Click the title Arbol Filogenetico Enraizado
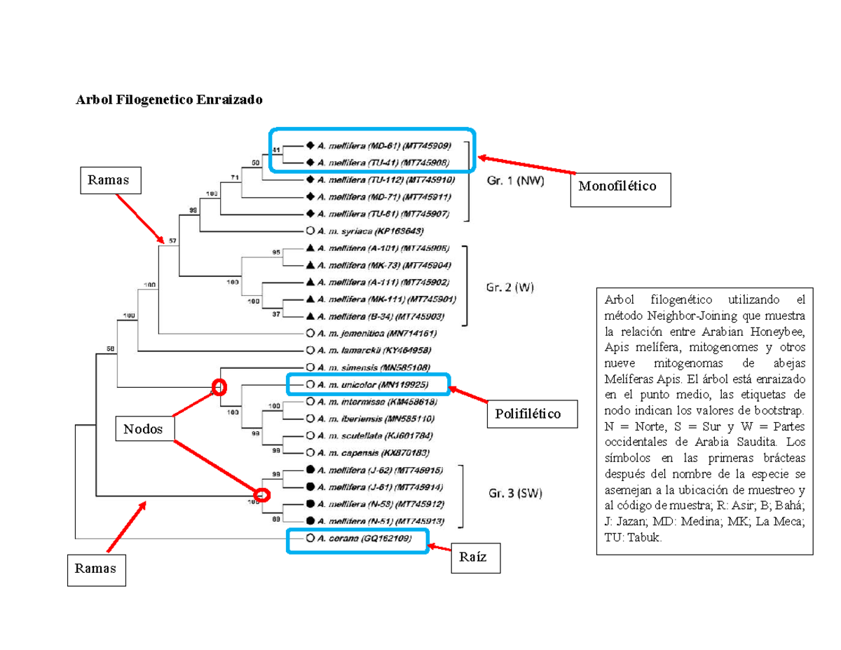click(169, 100)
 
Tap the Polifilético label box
click(533, 414)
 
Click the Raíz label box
click(476, 558)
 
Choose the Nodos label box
click(144, 429)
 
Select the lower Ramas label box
click(97, 569)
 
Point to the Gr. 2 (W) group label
click(510, 287)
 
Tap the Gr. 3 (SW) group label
click(514, 493)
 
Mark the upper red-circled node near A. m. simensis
click(219, 386)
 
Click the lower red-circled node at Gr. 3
click(261, 495)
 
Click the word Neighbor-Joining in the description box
click(680, 316)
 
